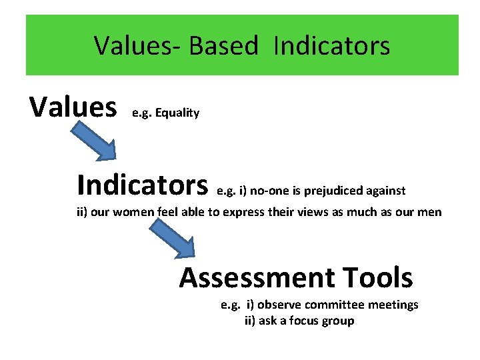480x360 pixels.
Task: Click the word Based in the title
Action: point(223,46)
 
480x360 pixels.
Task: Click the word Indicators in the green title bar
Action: point(331,46)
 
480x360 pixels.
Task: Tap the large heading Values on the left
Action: point(73,106)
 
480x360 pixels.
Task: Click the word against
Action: point(385,191)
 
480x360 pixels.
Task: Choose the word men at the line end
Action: point(429,213)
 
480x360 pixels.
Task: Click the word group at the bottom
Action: point(338,321)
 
